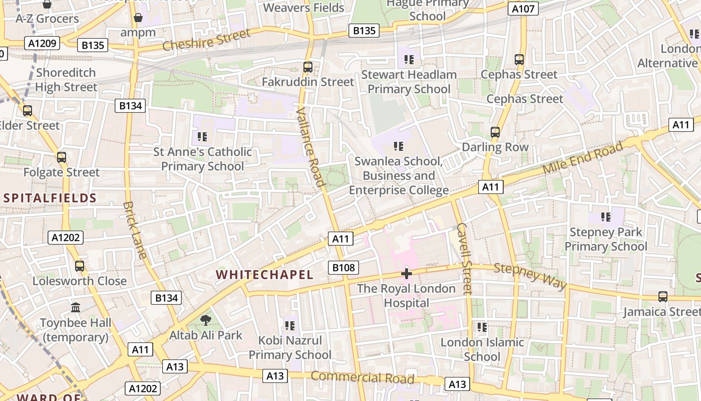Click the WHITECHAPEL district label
click(x=264, y=275)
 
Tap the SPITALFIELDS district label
click(x=50, y=198)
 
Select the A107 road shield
click(x=523, y=9)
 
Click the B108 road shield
click(x=343, y=268)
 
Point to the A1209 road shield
click(x=42, y=44)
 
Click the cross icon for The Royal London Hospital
click(x=406, y=274)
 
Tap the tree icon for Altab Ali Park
click(x=205, y=320)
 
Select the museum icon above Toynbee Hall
click(x=76, y=307)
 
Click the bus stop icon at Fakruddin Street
click(x=308, y=67)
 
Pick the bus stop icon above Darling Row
click(x=495, y=132)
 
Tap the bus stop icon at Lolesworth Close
click(x=80, y=266)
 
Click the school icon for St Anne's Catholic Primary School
click(x=202, y=136)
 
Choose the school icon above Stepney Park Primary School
click(x=606, y=217)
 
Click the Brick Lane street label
click(x=135, y=230)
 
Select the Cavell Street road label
click(x=464, y=258)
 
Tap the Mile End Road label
click(x=583, y=158)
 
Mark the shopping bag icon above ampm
click(x=138, y=18)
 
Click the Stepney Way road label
click(x=530, y=276)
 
